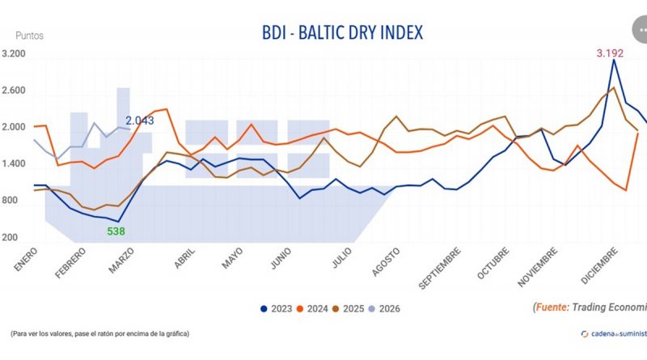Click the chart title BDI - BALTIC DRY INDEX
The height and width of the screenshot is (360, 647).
(343, 32)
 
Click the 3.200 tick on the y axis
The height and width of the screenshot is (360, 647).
(15, 54)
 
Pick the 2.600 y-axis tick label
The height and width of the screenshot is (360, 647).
(15, 91)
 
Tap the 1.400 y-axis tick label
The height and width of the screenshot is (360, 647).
(15, 164)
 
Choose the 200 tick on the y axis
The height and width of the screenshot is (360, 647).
(10, 238)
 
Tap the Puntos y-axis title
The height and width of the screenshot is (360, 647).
(30, 36)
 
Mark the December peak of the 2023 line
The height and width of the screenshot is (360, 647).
(613, 60)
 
